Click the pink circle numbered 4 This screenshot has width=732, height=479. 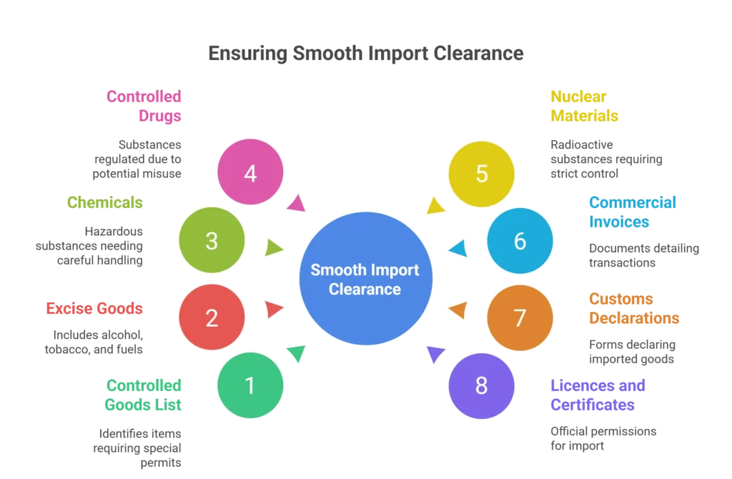[x=250, y=173]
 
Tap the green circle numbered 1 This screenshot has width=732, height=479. [x=250, y=385]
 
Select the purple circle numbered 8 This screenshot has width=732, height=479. [x=481, y=385]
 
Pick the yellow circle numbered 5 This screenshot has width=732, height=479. [x=481, y=173]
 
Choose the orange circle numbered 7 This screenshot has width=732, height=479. [x=520, y=317]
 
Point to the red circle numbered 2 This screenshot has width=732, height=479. [x=212, y=317]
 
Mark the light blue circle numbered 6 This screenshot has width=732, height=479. [x=520, y=241]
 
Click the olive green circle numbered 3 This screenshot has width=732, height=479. [x=212, y=241]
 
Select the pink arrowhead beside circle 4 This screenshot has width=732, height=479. [x=297, y=204]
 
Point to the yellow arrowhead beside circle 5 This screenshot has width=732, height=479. [x=434, y=206]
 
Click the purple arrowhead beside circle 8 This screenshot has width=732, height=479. [x=435, y=354]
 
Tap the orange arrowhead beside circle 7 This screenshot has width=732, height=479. [x=457, y=310]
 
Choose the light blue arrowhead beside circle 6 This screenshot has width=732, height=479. [x=457, y=249]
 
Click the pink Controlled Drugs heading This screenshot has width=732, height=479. [x=144, y=105]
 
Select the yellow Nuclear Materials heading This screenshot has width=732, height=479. [x=584, y=105]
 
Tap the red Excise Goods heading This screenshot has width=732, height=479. [x=94, y=308]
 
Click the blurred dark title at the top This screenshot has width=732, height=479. [x=365, y=53]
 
